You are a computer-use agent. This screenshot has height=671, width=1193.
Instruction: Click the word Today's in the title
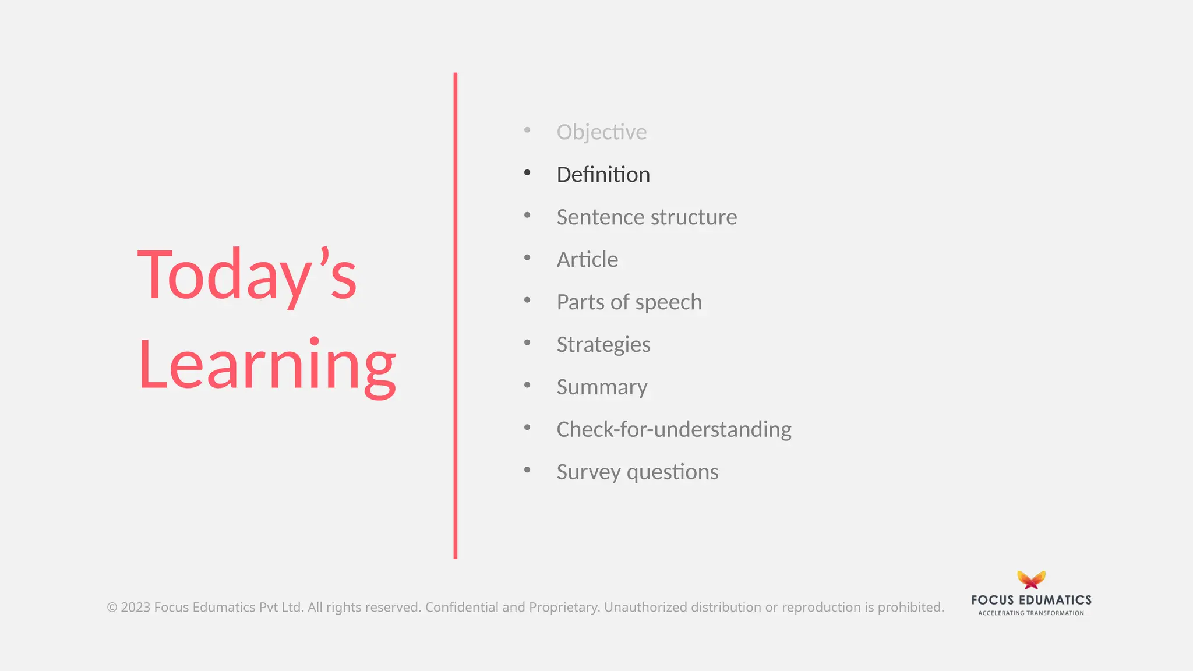click(246, 275)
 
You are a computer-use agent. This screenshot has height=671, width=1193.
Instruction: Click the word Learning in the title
click(267, 365)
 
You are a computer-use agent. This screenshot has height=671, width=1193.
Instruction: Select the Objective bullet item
click(601, 132)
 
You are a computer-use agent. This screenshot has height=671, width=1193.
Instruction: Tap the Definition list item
click(603, 175)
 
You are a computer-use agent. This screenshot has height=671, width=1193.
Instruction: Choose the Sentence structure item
click(647, 217)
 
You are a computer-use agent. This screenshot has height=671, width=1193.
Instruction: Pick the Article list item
click(587, 260)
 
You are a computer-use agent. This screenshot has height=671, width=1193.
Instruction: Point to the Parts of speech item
click(629, 302)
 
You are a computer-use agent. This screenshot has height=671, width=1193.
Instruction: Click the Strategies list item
click(603, 345)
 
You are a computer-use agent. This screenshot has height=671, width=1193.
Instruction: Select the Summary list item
click(602, 387)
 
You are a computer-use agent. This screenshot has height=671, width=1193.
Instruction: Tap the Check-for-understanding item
click(674, 430)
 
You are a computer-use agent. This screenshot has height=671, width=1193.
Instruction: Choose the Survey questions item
click(637, 472)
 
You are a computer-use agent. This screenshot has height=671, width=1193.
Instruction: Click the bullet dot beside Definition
click(527, 172)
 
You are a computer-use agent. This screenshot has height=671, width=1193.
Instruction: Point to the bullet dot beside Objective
click(527, 130)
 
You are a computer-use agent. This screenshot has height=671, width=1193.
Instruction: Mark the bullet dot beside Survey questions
click(527, 469)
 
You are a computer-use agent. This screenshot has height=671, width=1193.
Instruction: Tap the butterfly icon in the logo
click(1031, 580)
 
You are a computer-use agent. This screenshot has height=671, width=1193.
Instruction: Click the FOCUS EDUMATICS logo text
click(1031, 600)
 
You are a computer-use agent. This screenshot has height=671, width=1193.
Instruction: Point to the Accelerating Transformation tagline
click(1031, 613)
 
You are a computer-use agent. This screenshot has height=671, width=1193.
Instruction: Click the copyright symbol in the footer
click(112, 608)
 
